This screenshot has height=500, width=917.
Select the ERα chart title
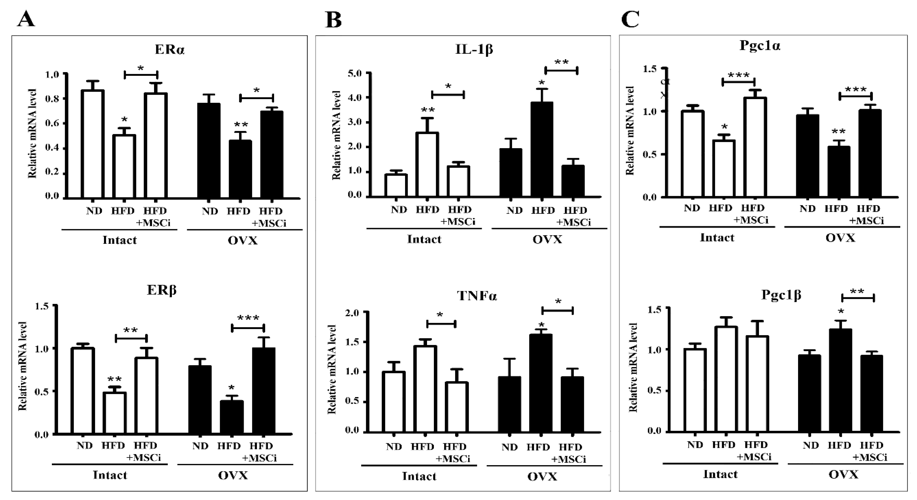pos(170,50)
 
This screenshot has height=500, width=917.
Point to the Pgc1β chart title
pos(781,295)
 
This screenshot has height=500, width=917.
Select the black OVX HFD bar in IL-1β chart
pos(542,149)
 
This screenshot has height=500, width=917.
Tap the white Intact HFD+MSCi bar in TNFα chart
pos(457,407)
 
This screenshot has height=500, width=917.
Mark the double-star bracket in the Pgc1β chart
pos(858,297)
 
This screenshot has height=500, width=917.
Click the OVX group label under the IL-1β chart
pos(547,240)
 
